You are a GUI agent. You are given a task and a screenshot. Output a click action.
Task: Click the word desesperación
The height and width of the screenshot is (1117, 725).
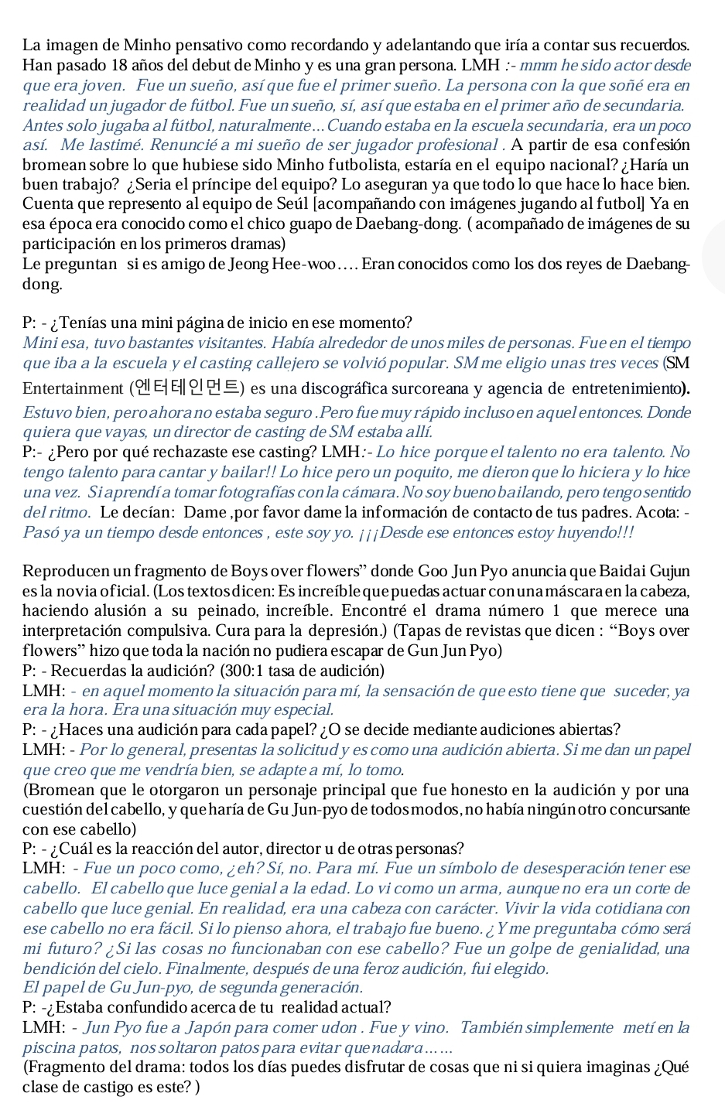click(561, 869)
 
